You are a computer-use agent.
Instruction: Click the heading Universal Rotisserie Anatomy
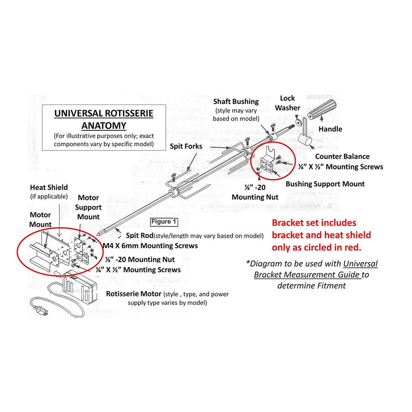point(104,119)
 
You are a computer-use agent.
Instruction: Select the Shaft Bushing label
point(236,102)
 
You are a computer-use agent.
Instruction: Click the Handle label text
point(330,129)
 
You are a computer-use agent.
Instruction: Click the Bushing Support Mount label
point(325,184)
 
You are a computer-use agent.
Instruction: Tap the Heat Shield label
point(49,187)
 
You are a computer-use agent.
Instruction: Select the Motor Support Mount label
point(89,207)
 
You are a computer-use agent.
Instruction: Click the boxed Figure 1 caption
point(164,222)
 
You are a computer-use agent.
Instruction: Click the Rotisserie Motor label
point(133,294)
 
